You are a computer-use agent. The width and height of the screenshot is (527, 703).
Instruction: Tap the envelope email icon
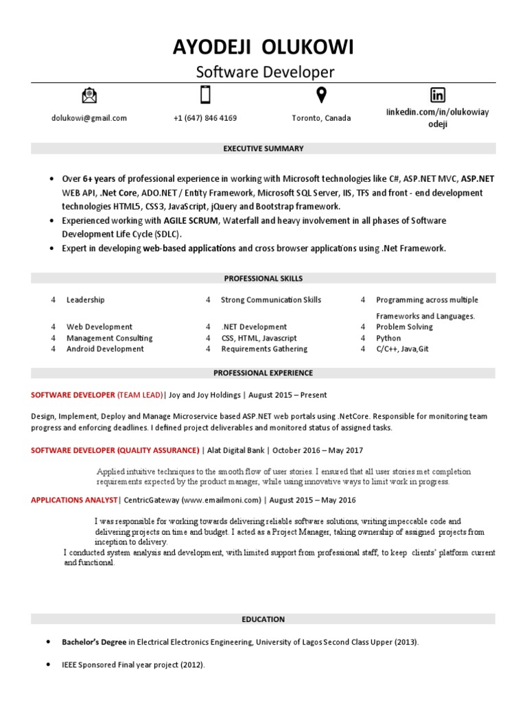89,95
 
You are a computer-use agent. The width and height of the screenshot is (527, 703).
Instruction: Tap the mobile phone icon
204,95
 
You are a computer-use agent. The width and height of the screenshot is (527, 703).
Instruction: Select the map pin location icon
320,95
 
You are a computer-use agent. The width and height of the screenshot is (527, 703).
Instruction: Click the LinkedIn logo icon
437,95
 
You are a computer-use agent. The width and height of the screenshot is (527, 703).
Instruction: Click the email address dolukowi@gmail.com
89,118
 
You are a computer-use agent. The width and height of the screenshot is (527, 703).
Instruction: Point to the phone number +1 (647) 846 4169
205,118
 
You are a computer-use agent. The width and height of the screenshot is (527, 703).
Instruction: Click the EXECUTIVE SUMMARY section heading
263,148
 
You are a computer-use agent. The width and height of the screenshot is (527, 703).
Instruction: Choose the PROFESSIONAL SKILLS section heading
263,279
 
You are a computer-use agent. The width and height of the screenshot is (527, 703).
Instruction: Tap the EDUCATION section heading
263,619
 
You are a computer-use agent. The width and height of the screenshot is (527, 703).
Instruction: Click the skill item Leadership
86,300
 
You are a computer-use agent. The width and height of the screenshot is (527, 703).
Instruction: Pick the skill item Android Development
105,349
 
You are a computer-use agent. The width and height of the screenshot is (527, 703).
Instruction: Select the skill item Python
388,338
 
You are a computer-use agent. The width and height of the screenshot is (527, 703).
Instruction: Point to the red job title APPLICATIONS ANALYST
74,500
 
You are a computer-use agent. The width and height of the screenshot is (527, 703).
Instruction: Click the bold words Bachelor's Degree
94,643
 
